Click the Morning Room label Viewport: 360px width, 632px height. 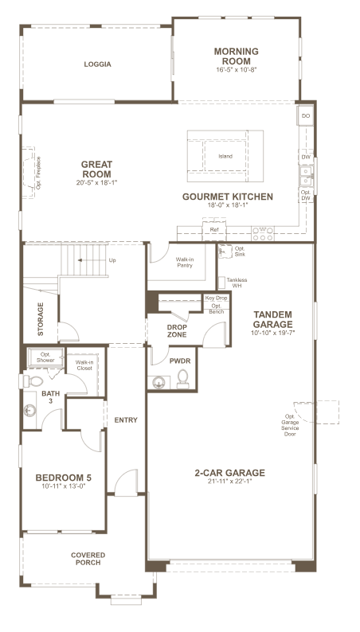pos(237,57)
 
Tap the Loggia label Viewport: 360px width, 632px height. pos(97,64)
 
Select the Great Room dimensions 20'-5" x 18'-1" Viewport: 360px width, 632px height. pos(96,182)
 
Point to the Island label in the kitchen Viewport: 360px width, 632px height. pos(225,156)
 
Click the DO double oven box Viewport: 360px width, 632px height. pos(306,116)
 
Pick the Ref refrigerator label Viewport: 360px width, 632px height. pos(214,230)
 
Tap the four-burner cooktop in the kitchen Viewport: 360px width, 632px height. pos(263,234)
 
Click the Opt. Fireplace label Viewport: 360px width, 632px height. pos(39,173)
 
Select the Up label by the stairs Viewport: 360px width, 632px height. pos(112,260)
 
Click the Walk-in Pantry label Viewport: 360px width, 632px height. pos(185,263)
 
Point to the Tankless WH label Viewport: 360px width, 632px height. pos(237,283)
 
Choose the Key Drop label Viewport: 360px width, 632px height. pos(217,298)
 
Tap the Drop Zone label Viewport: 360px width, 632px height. pos(177,331)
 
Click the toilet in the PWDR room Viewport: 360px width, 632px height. pos(183,379)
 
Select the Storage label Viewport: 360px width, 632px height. pos(41,319)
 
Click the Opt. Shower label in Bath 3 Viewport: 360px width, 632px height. pos(45,357)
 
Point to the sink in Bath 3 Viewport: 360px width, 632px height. pos(29,410)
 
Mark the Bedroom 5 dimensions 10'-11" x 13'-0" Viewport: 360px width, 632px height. pos(64,486)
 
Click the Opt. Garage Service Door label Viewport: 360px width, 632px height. pos(290,425)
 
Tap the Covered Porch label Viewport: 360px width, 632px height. pos(88,559)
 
